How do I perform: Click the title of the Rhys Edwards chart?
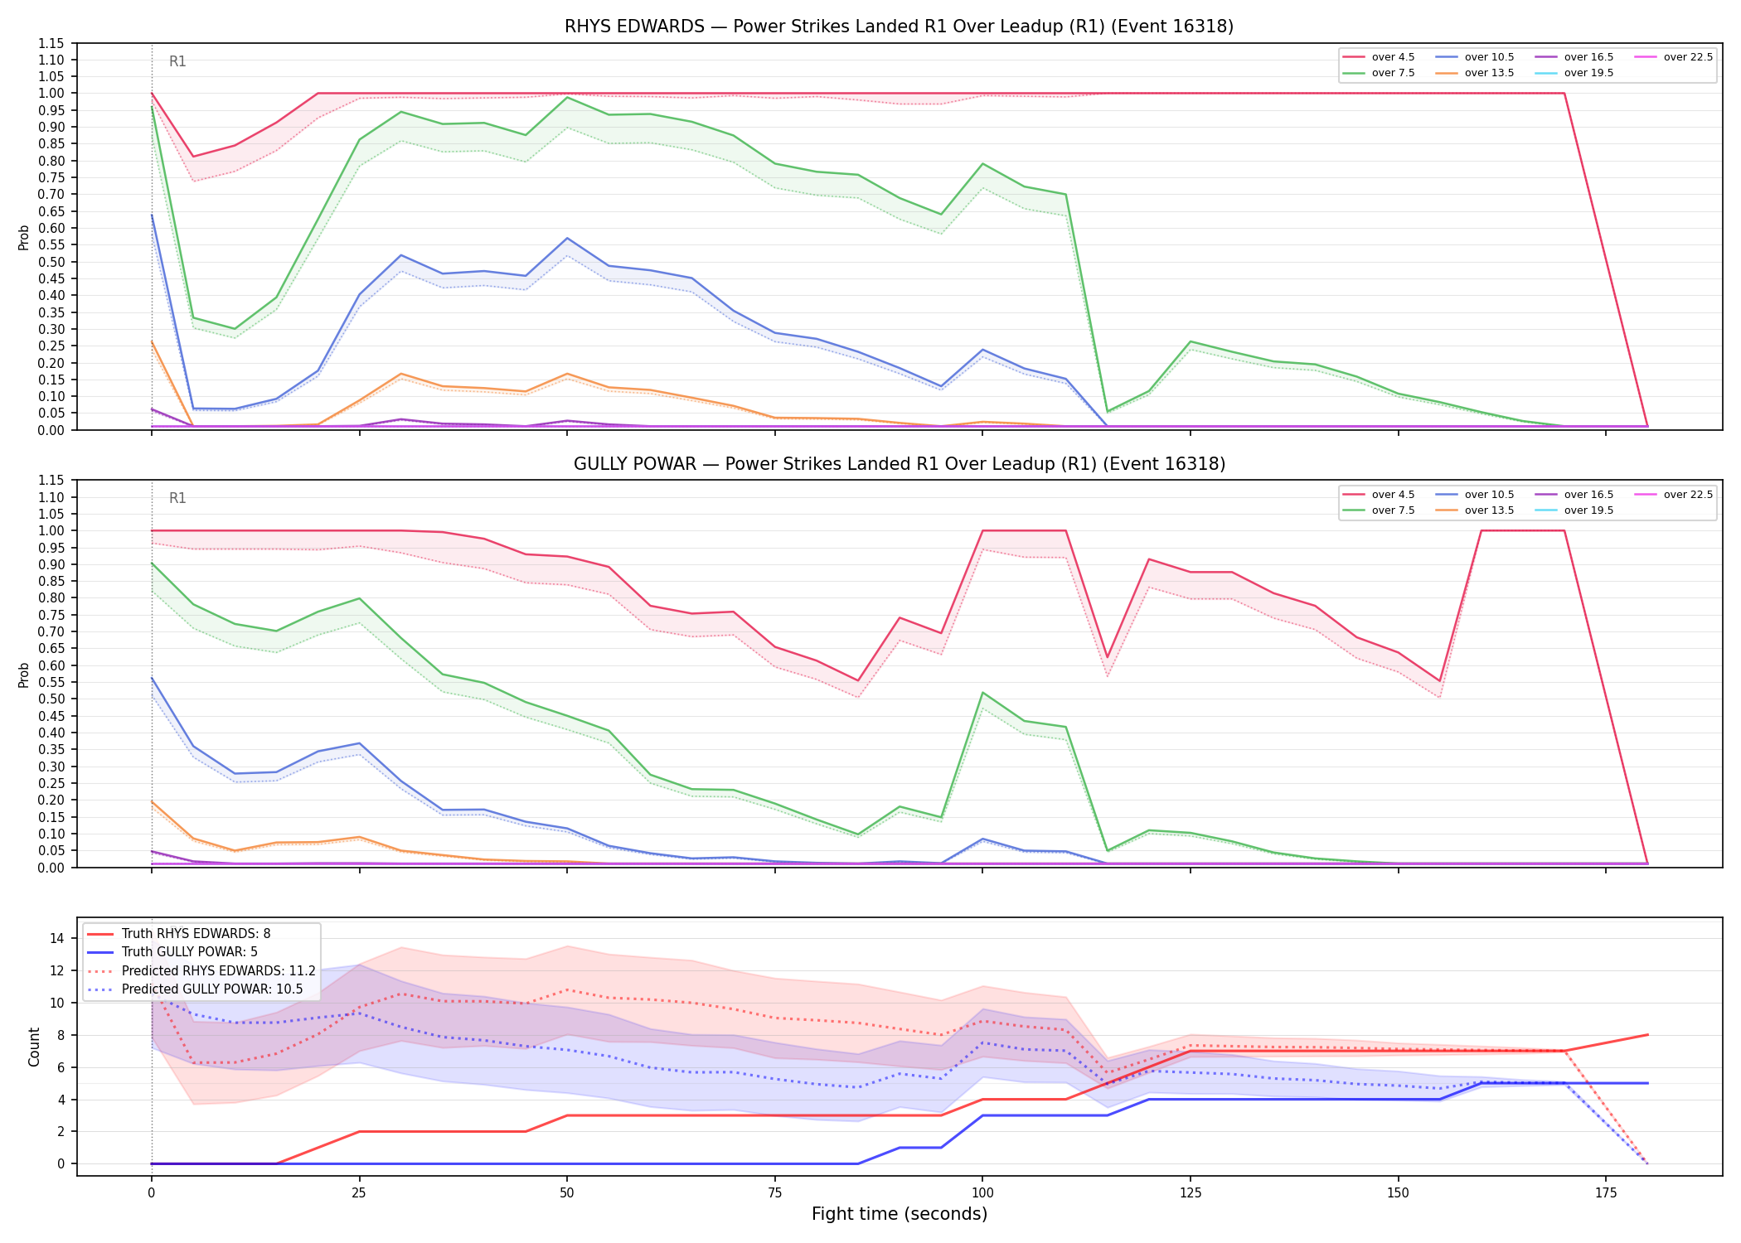tap(899, 27)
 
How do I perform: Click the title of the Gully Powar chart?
tap(899, 464)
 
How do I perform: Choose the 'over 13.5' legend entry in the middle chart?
tap(1475, 510)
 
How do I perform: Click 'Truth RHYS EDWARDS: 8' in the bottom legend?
tap(179, 934)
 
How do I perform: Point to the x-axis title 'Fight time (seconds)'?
tap(900, 1214)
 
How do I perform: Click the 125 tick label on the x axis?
tap(1191, 1193)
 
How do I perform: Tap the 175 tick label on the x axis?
tap(1606, 1193)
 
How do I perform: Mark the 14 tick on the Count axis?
tap(57, 939)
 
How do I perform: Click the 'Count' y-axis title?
tap(34, 1047)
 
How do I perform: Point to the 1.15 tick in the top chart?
tap(51, 43)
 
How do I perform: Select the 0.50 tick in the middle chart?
tap(51, 699)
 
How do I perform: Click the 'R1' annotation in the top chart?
tap(177, 61)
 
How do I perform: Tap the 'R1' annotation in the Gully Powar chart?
tap(177, 498)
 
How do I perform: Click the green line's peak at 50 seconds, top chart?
tap(567, 98)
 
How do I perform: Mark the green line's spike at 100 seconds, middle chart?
tap(982, 693)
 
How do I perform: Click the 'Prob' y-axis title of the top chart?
tap(24, 238)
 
